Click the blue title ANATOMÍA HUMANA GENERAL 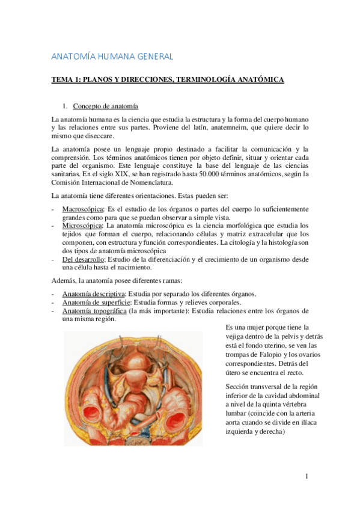click(x=112, y=57)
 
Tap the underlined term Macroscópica click(x=82, y=209)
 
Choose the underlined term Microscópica click(x=81, y=226)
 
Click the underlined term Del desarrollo click(x=83, y=259)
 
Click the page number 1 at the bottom click(x=306, y=477)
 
